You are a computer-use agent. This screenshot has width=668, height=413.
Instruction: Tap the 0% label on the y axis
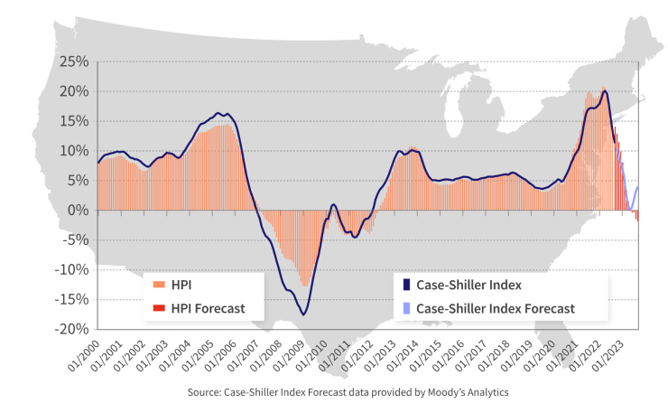pos(79,210)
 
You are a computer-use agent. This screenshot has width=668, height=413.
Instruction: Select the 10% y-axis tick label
pos(75,150)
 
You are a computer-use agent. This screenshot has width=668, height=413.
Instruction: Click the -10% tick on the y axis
pos(72,269)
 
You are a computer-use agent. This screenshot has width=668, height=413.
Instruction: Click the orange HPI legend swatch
pos(159,285)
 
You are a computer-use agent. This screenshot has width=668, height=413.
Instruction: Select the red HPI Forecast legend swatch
pos(159,308)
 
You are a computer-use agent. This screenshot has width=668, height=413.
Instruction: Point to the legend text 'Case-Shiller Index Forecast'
pos(496,308)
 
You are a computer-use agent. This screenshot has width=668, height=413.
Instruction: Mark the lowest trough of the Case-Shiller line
pos(304,314)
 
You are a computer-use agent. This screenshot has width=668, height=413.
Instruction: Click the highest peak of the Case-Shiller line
pos(605,91)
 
